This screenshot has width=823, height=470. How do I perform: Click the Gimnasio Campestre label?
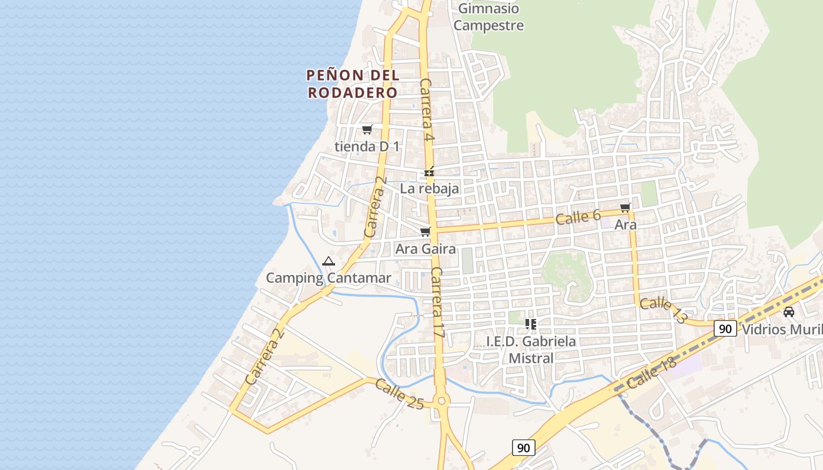click(x=489, y=17)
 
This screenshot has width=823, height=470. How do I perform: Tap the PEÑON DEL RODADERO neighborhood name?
click(x=353, y=84)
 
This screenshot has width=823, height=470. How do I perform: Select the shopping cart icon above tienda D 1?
click(x=367, y=129)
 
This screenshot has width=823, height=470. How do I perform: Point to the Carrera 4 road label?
click(x=427, y=110)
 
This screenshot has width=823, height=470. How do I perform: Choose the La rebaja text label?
click(x=429, y=189)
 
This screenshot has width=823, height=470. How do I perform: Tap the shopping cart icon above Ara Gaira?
click(x=426, y=232)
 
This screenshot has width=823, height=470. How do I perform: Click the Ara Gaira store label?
click(x=425, y=249)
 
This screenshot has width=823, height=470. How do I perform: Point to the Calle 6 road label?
click(x=578, y=217)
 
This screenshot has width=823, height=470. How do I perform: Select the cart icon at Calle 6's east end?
click(x=625, y=207)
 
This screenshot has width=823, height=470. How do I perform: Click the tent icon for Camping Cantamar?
click(x=329, y=261)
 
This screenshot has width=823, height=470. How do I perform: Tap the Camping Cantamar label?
click(x=329, y=278)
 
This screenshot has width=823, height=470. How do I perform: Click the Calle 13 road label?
click(x=663, y=310)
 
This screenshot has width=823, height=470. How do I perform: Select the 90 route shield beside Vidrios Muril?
click(x=725, y=328)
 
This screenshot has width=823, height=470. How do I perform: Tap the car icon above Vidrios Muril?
click(x=789, y=311)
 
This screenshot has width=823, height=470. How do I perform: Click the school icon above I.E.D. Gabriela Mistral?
click(x=531, y=324)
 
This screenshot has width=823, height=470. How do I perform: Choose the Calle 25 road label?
click(x=399, y=394)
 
